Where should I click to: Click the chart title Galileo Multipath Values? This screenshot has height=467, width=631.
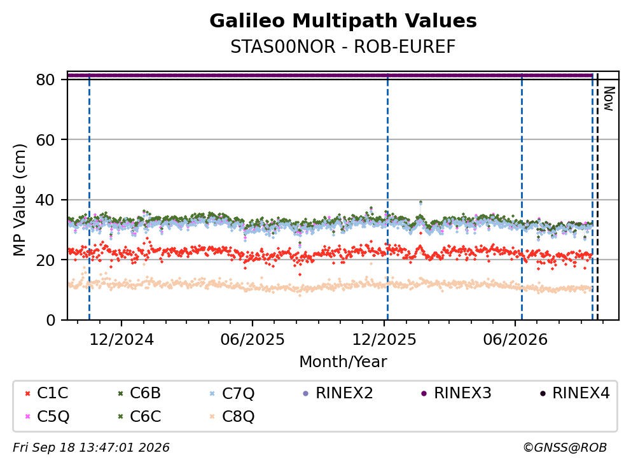pos(343,21)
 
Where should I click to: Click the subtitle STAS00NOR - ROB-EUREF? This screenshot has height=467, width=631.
pos(343,46)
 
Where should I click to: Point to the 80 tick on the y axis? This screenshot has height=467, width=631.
pos(45,80)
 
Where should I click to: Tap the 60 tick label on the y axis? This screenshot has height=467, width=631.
pos(45,140)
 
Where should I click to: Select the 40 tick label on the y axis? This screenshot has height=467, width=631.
pos(45,200)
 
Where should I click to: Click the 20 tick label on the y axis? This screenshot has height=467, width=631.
pos(45,260)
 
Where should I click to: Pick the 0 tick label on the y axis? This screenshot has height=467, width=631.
pos(50,320)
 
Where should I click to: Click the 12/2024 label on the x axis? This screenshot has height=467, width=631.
pos(121,340)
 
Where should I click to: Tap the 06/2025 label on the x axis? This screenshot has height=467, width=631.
pos(253,340)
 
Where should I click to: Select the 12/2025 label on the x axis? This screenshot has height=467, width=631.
pos(384,340)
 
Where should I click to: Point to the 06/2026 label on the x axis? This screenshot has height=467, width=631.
pos(515,340)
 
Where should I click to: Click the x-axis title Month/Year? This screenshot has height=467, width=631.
pos(343,362)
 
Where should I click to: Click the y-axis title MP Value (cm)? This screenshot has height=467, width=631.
pos(19,200)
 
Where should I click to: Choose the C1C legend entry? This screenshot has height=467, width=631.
pos(46,393)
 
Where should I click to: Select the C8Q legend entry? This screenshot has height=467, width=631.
pos(233,416)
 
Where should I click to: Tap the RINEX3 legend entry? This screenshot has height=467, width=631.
pos(456,393)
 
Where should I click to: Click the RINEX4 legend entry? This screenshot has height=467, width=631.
pos(574,393)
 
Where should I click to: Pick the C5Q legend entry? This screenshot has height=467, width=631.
pos(47,416)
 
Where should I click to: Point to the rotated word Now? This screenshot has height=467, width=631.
pos(609,99)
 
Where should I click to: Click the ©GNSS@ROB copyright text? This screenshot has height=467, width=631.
pos(565,447)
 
